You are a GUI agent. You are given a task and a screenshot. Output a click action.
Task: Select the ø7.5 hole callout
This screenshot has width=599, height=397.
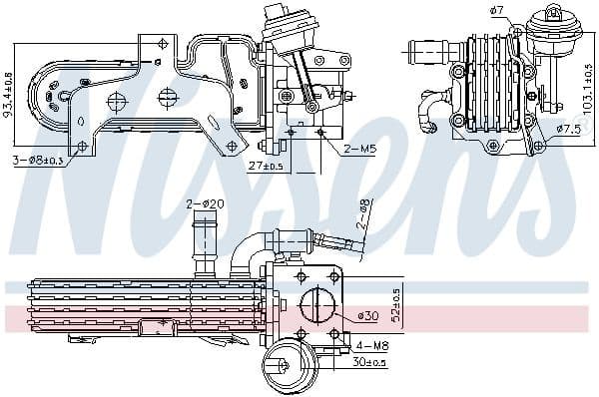pos(568,129)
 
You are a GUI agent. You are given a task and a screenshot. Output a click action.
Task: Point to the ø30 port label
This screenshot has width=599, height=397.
pos(369,317)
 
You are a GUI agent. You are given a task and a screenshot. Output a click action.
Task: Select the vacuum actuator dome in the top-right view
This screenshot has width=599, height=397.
pos(549,22)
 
